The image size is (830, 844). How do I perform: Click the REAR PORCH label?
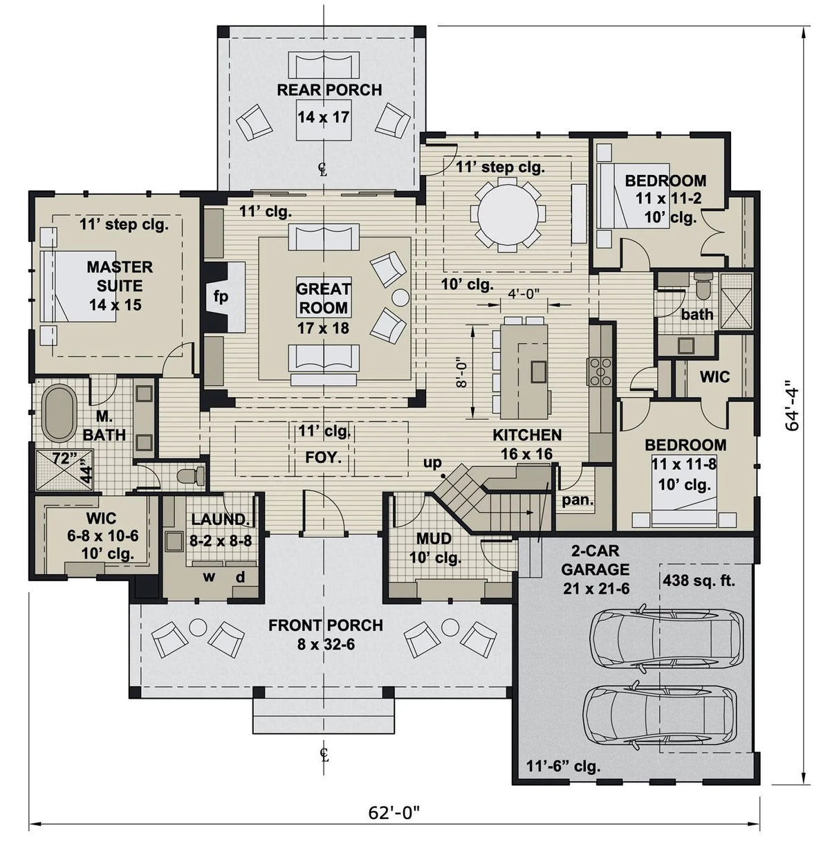(x=329, y=90)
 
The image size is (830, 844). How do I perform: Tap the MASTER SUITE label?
(x=120, y=276)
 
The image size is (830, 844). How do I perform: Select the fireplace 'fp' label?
(x=221, y=297)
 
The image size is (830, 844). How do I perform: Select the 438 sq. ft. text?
(x=699, y=581)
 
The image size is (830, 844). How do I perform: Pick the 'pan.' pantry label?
(x=578, y=499)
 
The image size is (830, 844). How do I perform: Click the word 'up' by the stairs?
(x=432, y=463)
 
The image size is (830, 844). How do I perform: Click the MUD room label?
(x=434, y=538)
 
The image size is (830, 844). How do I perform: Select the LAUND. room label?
(x=221, y=520)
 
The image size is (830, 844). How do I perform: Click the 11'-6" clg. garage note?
(x=563, y=767)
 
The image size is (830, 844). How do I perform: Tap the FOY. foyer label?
(x=323, y=457)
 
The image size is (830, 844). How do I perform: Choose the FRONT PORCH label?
(x=326, y=625)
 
